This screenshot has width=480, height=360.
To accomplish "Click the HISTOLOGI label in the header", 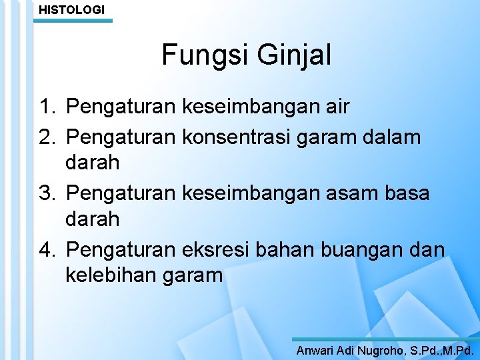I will [71, 10].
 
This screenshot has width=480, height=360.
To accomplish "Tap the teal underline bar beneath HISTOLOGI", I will [73, 21].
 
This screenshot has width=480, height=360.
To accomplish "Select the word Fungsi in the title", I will [201, 55].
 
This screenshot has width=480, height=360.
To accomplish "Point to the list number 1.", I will [47, 106].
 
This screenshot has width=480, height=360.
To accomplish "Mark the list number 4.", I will [47, 249].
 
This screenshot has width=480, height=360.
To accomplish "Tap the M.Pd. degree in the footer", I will [457, 349].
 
